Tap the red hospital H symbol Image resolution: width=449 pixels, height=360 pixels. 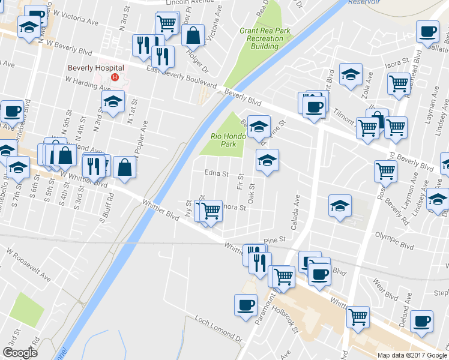pyautogui.click(x=122, y=77)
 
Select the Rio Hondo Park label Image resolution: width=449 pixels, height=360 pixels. pyautogui.click(x=228, y=140)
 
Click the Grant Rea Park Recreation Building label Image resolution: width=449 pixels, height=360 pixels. pyautogui.click(x=261, y=38)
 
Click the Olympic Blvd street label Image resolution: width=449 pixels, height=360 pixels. pyautogui.click(x=394, y=246)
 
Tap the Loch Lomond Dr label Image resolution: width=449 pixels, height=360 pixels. pyautogui.click(x=217, y=331)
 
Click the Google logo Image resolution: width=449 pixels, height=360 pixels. pyautogui.click(x=20, y=353)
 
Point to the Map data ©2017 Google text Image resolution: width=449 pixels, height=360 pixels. pyautogui.click(x=412, y=355)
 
